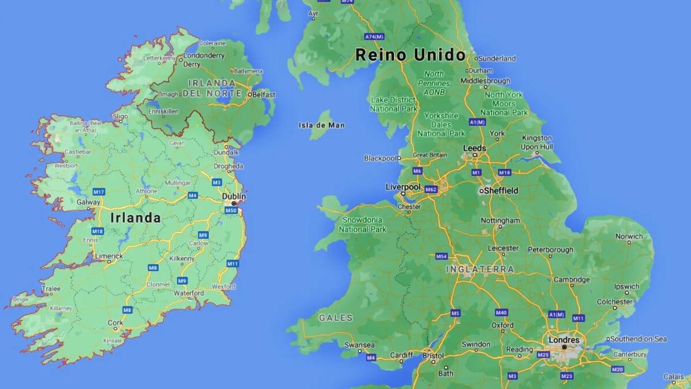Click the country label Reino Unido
pyautogui.click(x=410, y=55)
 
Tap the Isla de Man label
pyautogui.click(x=321, y=125)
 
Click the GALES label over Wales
pyautogui.click(x=335, y=318)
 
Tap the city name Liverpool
pyautogui.click(x=403, y=187)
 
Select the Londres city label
pyautogui.click(x=564, y=340)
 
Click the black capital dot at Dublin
pyautogui.click(x=234, y=203)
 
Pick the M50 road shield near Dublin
pyautogui.click(x=231, y=210)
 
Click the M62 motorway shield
pyautogui.click(x=431, y=189)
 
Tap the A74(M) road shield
pyautogui.click(x=374, y=36)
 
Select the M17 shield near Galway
pyautogui.click(x=98, y=191)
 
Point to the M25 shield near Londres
pyautogui.click(x=543, y=355)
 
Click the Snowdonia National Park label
pyautogui.click(x=362, y=224)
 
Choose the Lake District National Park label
pyautogui.click(x=393, y=104)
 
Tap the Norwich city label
pyautogui.click(x=629, y=236)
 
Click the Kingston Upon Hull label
pyautogui.click(x=537, y=142)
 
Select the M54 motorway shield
pyautogui.click(x=441, y=256)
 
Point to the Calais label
pyautogui.click(x=674, y=376)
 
